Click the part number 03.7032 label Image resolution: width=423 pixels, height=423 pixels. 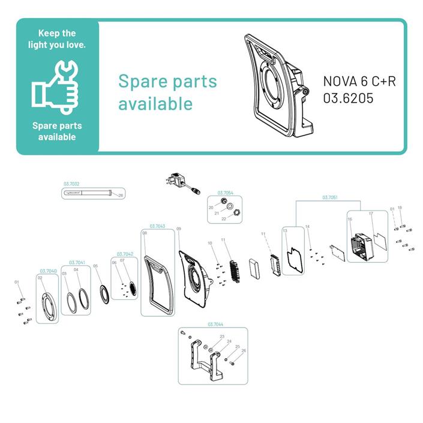pos(71,185)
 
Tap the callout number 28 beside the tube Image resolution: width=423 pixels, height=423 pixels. pos(121,196)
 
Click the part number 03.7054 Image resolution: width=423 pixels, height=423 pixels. pos(225,193)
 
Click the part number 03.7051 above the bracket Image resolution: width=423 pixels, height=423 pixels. pos(330,197)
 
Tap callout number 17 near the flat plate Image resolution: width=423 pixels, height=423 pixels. pos(371,214)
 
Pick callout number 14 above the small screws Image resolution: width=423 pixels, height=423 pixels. pos(307,227)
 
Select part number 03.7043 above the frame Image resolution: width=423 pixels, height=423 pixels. pos(157,226)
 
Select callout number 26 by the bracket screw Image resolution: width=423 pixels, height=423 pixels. pos(244,350)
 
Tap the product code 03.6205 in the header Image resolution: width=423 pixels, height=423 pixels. pos(348,98)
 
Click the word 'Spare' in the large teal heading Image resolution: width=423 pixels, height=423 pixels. pos(143,81)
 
